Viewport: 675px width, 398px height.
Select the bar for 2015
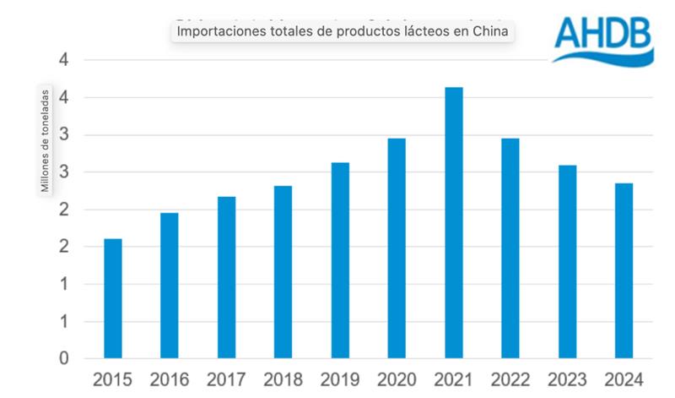coord(112,298)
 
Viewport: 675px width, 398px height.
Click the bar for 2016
coord(169,286)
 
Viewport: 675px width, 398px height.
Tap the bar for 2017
coord(226,277)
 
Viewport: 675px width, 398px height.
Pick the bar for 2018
coord(283,272)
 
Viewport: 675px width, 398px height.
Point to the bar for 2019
coord(340,260)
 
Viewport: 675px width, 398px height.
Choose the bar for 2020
coord(397,248)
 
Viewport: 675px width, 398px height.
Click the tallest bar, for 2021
coord(453,223)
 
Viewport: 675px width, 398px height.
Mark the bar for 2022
coord(510,248)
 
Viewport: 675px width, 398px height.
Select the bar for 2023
coord(567,262)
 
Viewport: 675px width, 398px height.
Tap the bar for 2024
coord(624,270)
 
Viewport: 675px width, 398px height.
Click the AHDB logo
coord(603,37)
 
